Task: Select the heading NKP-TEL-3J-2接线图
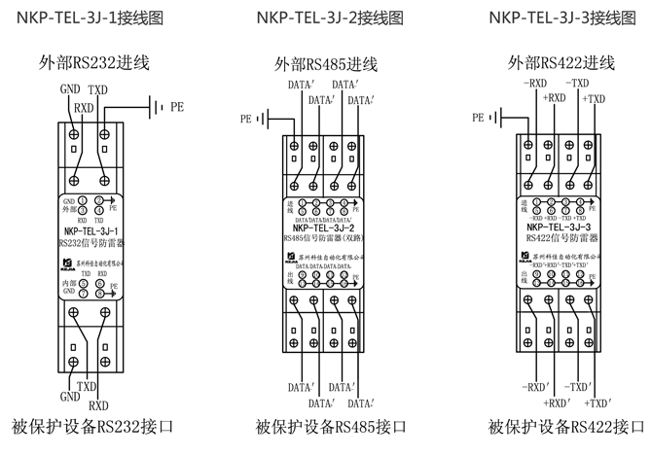coord(325,17)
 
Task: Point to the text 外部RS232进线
coord(94,63)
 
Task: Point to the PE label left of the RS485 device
coord(246,119)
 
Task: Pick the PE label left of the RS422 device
coord(478,118)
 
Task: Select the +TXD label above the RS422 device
coord(595,98)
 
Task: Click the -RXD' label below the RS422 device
coord(536,387)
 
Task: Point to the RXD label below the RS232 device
coord(99,403)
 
